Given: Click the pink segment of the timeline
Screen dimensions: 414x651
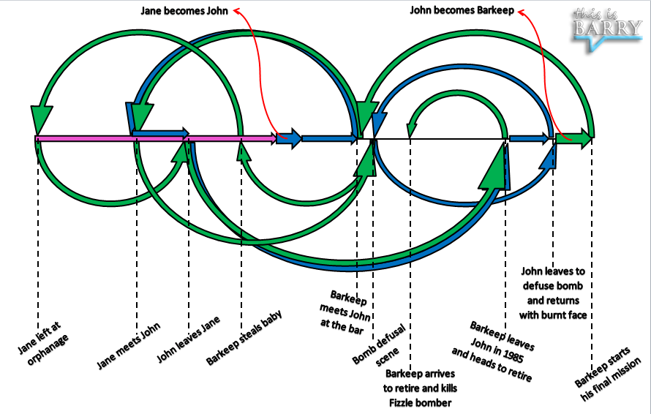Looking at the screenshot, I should (146, 138).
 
